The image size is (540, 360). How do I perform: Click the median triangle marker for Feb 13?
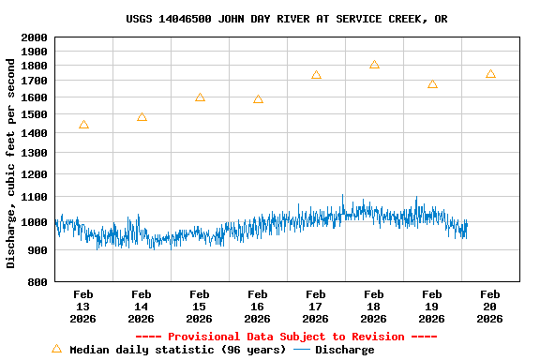83,125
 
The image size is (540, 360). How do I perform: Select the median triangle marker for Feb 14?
142,117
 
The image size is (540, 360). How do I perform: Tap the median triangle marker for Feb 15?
200,97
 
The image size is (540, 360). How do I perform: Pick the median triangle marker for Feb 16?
258,99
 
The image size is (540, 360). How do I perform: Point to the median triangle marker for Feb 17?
316,75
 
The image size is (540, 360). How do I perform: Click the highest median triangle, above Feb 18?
374,65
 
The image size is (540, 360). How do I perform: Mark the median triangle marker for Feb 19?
432,84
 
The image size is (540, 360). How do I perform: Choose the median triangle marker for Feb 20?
490,74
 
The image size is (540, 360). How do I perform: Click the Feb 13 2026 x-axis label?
83,307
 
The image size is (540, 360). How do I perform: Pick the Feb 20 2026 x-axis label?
490,307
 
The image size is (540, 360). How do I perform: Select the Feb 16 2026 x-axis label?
258,307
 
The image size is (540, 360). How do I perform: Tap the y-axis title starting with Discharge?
11,164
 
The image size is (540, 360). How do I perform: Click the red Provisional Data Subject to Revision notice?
286,337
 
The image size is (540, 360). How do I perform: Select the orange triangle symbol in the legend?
56,349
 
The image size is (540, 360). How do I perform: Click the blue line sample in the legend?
302,350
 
